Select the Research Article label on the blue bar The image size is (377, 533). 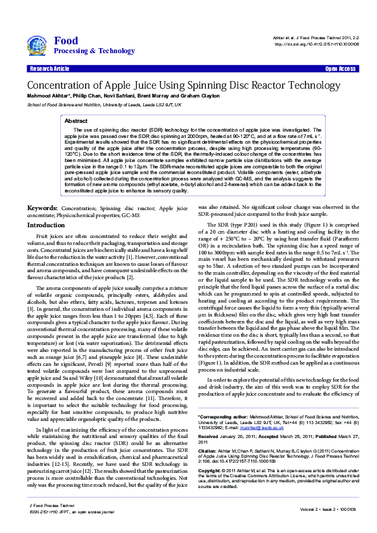tap(49, 68)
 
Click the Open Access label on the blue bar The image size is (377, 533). tap(340, 68)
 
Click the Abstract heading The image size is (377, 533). tap(76, 120)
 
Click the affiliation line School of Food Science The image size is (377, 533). tap(104, 104)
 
